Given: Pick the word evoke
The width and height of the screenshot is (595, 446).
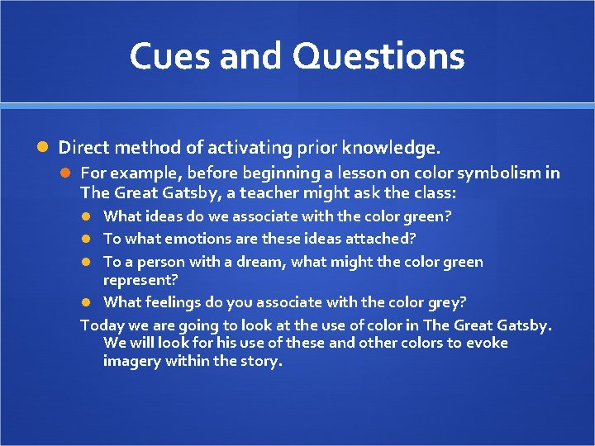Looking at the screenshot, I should point(488,343).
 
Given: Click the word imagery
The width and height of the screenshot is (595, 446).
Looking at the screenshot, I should point(132,361).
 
